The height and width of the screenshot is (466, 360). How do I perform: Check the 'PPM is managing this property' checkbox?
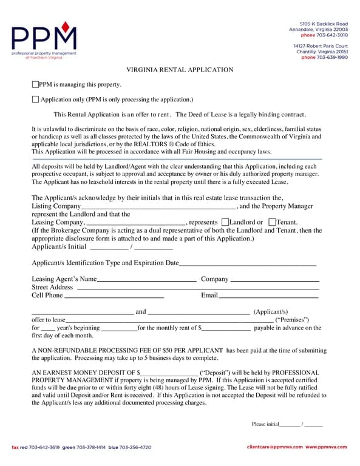coord(35,85)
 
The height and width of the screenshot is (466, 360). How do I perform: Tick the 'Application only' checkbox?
coord(35,100)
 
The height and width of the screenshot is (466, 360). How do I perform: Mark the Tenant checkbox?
coord(271,222)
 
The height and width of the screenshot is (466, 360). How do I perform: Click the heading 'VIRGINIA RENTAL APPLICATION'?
coord(180,70)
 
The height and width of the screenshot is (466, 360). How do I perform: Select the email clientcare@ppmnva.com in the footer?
coord(275,447)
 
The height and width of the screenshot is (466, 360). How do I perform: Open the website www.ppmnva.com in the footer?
coord(326,447)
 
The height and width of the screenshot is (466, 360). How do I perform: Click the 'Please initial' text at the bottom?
coord(265,424)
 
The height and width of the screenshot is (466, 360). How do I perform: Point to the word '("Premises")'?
coord(293,320)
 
